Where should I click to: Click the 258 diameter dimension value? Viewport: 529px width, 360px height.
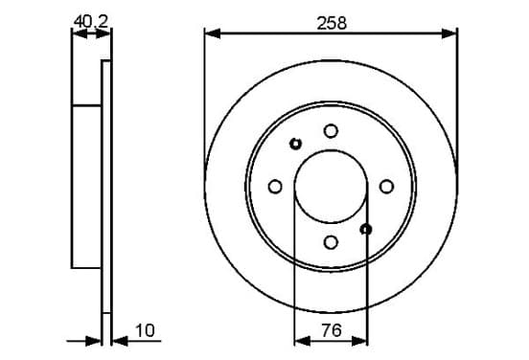(332, 23)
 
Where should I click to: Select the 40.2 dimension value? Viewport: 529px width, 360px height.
(91, 22)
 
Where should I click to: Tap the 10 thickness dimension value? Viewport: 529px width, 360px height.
(145, 330)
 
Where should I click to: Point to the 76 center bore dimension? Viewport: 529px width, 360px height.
(332, 330)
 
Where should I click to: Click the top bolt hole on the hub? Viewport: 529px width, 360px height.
(331, 131)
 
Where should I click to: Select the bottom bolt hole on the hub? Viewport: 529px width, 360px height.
(331, 242)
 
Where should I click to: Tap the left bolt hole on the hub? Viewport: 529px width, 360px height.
(275, 187)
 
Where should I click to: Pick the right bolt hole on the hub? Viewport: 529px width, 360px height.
(386, 187)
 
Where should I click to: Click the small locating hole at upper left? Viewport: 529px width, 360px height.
(295, 144)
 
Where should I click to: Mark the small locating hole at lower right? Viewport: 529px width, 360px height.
(366, 230)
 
